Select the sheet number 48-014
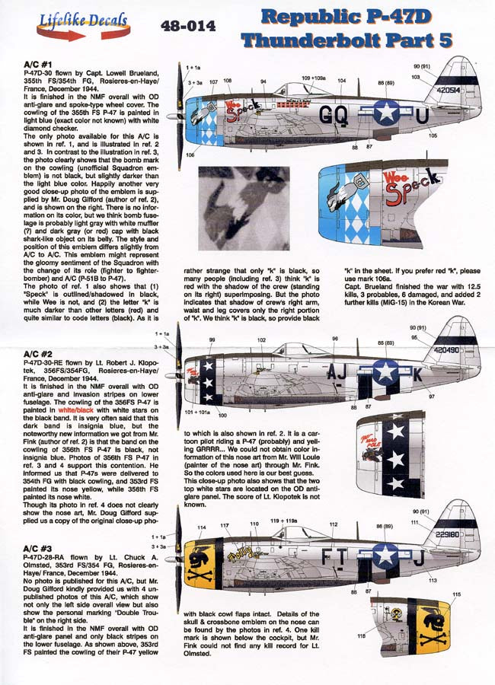coord(189,26)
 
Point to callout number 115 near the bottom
coord(456,594)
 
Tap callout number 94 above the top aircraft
coord(263,81)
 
